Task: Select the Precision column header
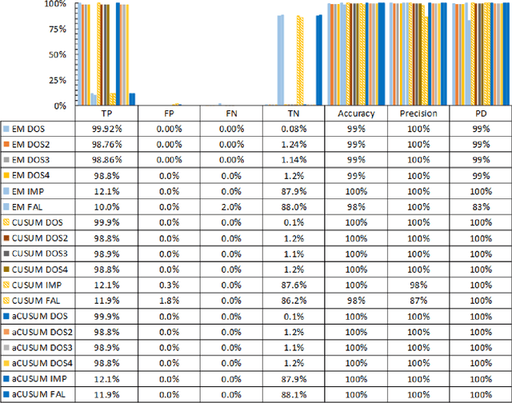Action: (418, 114)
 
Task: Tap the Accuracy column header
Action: (356, 114)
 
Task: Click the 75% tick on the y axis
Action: (57, 30)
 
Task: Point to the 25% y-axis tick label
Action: (57, 80)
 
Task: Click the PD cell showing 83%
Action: (480, 205)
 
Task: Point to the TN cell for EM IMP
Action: (294, 191)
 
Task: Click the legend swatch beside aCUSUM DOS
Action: (6, 316)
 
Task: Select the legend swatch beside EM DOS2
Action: (6, 145)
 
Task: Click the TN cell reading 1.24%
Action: (294, 145)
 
